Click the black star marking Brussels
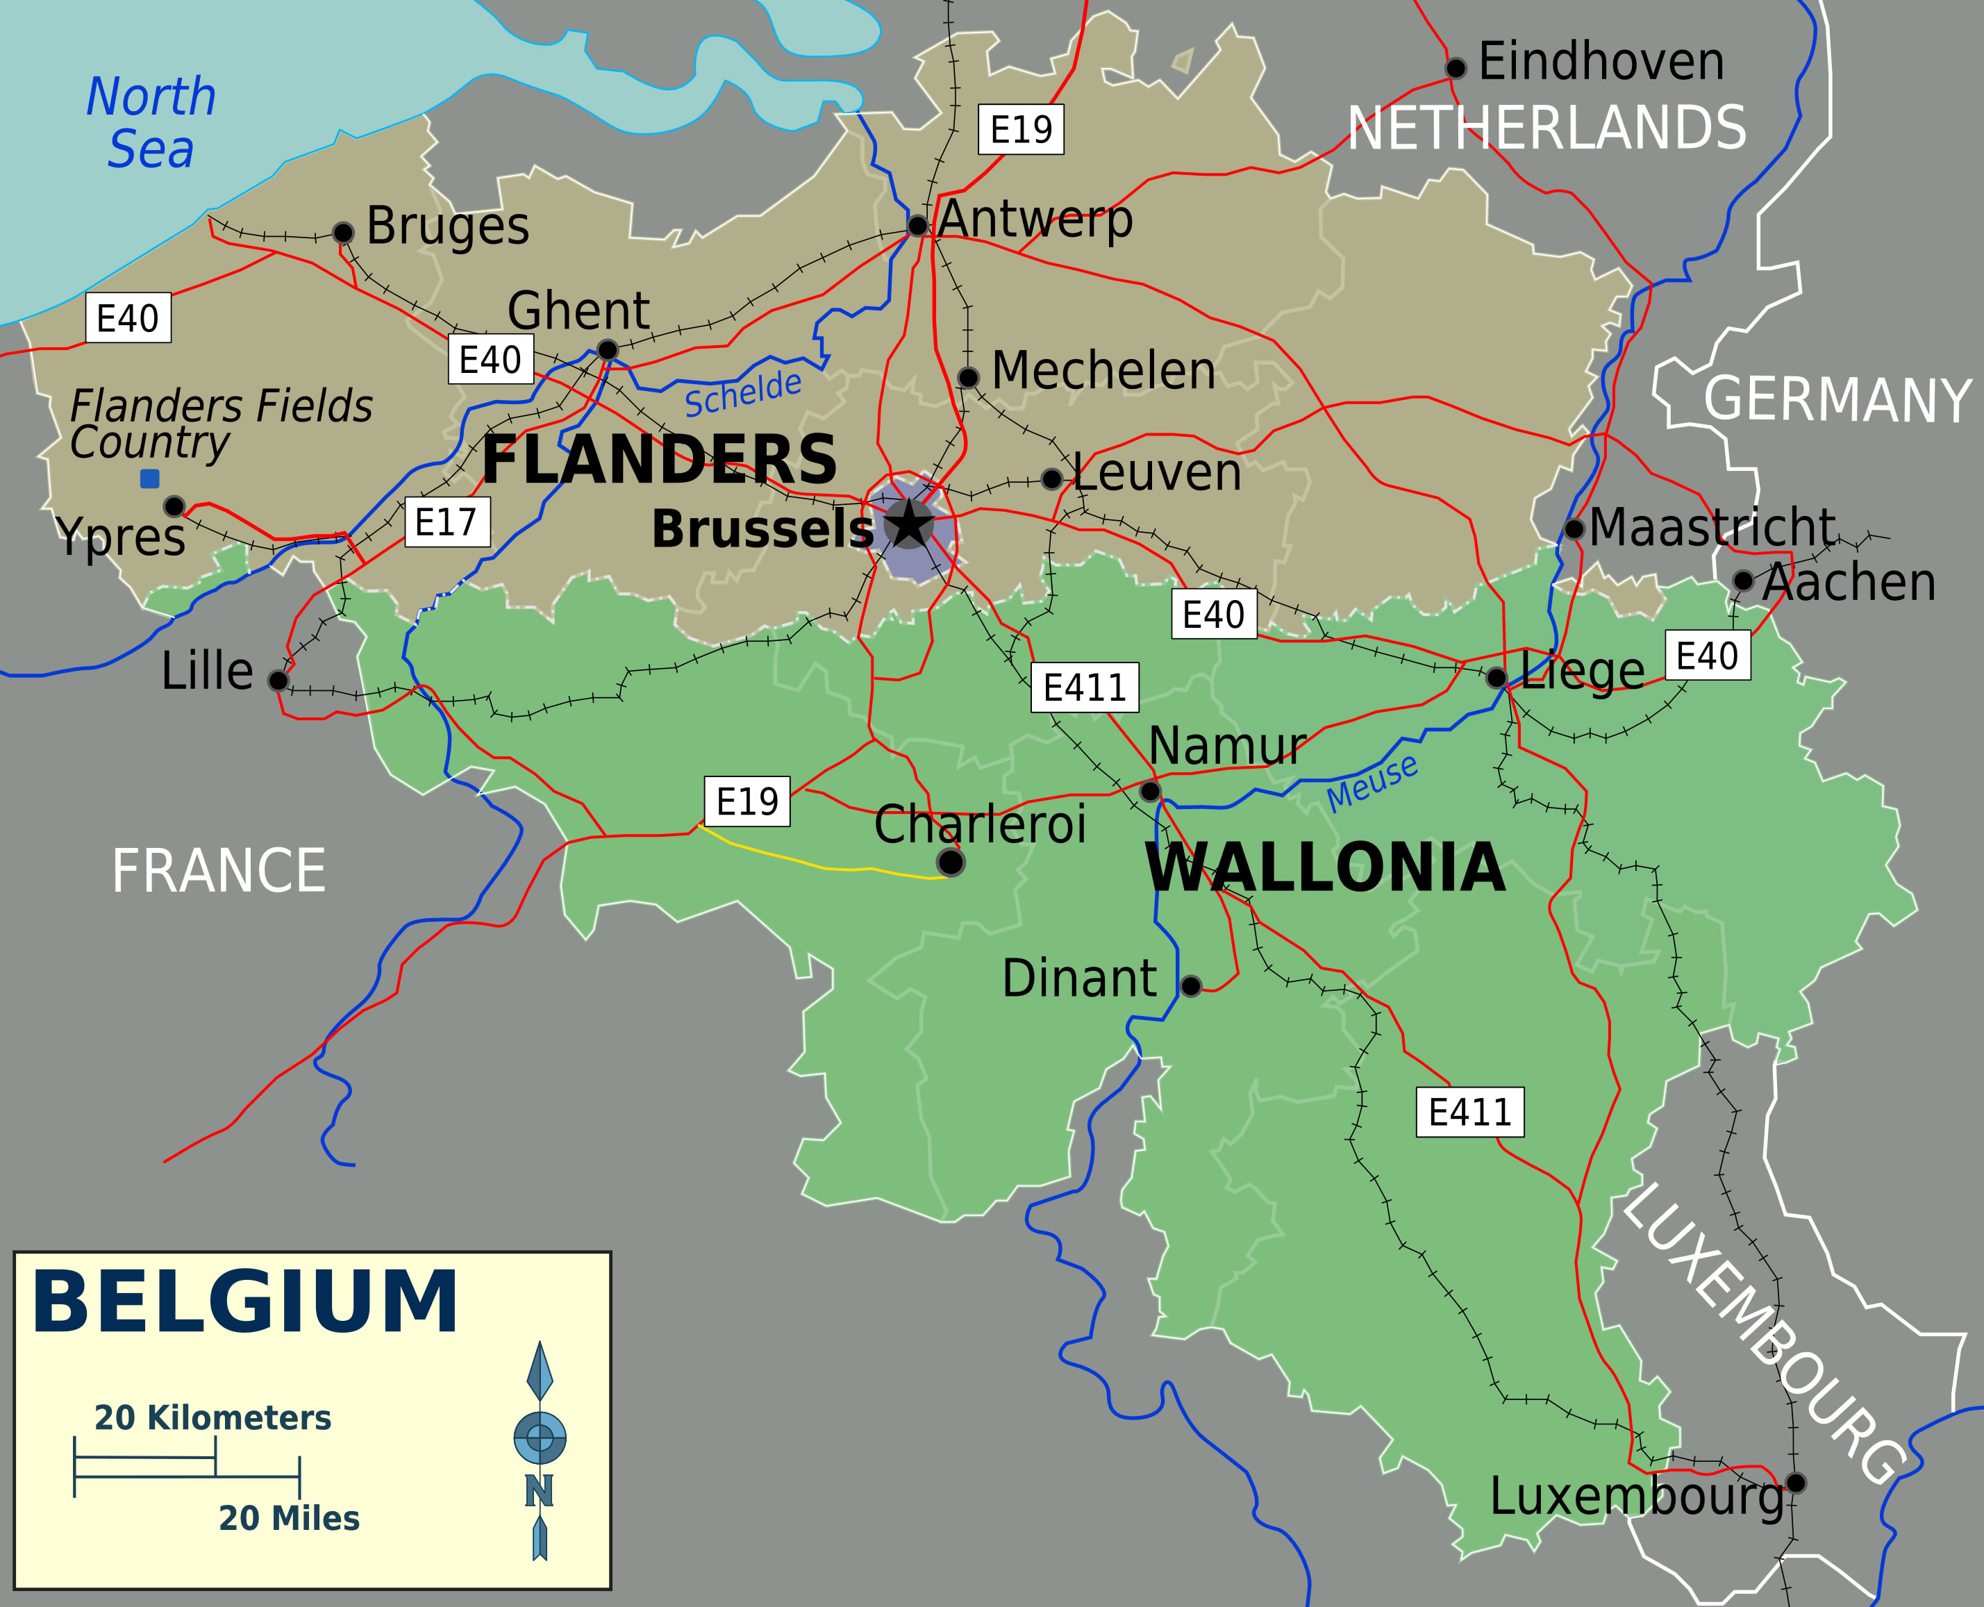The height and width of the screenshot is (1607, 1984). [x=909, y=524]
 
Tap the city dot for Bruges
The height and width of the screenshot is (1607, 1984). [x=342, y=233]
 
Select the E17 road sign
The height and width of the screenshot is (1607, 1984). [x=447, y=522]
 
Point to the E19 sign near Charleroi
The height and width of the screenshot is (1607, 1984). [x=747, y=801]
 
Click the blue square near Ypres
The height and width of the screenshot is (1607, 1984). [x=149, y=478]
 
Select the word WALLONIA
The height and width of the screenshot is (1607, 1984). [x=1325, y=868]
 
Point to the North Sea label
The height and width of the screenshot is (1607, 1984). [x=151, y=123]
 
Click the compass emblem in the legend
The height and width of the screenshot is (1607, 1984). [x=540, y=1438]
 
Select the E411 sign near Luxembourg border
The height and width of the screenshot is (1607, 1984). [x=1469, y=1112]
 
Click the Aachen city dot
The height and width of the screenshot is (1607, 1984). [x=1742, y=581]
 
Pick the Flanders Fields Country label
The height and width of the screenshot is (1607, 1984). [x=219, y=424]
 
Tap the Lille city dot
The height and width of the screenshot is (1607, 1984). [x=278, y=681]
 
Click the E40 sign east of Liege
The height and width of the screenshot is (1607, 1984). [x=1706, y=656]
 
